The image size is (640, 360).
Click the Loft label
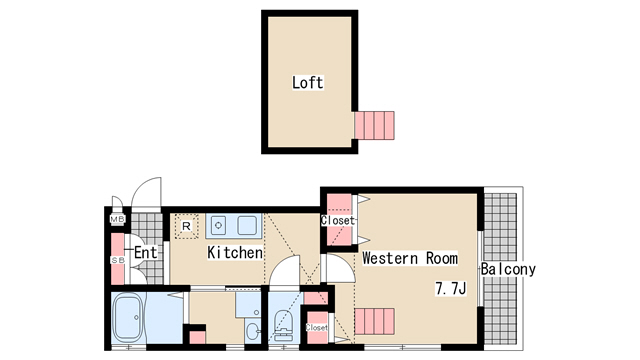coord(308,82)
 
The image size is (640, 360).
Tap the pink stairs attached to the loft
coord(374,125)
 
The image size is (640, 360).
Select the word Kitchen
coord(235,253)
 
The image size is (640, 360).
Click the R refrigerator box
coord(187,226)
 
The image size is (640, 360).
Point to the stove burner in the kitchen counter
coord(219,225)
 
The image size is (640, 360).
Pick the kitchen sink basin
coord(247,225)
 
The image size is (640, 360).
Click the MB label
coord(118,219)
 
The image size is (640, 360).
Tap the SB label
coord(118,260)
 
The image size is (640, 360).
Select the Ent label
coord(146,253)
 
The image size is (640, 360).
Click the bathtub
coord(128,318)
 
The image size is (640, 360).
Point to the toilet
coord(282,325)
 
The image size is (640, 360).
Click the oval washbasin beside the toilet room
coord(253,330)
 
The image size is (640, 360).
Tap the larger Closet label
coord(338,221)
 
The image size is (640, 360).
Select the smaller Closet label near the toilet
coord(317,328)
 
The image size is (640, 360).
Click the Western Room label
coord(410,258)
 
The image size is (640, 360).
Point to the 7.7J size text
coord(451,289)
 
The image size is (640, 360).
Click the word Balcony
coord(508,269)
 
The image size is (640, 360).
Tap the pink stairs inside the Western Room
coord(374,322)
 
